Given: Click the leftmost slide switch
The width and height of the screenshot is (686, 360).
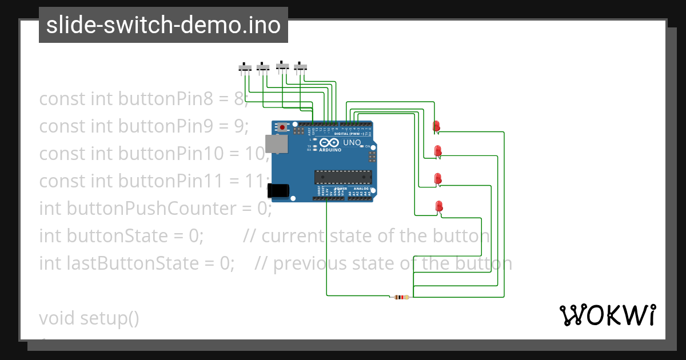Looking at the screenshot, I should click(245, 68).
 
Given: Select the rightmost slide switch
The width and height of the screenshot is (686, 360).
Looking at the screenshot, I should click(301, 67).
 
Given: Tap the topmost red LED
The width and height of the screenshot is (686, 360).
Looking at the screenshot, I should click(436, 126).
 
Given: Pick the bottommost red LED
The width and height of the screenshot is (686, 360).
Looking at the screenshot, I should click(439, 206).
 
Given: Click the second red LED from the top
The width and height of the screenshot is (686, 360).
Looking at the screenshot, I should click(438, 151).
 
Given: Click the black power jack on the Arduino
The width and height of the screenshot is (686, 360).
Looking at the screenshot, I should click(278, 190).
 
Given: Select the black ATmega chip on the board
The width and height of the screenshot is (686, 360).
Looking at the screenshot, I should click(343, 178).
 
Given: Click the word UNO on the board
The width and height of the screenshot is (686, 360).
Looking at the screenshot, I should click(352, 142).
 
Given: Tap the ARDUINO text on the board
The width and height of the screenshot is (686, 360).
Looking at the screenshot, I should click(330, 150).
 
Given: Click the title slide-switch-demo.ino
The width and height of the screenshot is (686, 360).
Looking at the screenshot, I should click(163, 25).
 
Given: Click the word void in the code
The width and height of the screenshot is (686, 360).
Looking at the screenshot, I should click(57, 318).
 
